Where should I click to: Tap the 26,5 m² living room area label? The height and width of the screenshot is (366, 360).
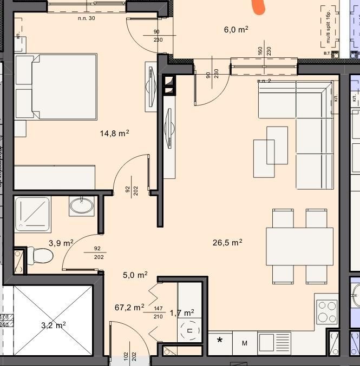tap(227, 243)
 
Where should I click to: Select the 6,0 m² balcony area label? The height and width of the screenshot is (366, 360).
tap(236, 30)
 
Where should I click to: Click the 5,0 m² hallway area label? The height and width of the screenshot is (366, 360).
tap(135, 275)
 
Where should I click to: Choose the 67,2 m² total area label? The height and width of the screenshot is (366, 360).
tap(129, 307)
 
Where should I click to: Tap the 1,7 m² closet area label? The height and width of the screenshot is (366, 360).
tap(181, 313)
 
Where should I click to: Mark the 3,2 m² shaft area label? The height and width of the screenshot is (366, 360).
tap(53, 325)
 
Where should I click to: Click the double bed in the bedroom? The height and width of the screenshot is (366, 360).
tap(57, 86)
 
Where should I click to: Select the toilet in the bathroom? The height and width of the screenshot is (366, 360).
tap(38, 256)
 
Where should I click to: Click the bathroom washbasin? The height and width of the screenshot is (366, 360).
tap(82, 205)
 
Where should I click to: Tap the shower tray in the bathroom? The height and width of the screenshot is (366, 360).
tap(32, 214)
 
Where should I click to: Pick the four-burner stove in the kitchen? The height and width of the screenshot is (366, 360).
tap(326, 311)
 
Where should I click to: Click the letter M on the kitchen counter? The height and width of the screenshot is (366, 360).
tap(244, 343)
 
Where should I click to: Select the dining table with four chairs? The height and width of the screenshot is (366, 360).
tap(299, 247)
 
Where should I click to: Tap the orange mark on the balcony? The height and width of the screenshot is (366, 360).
tap(259, 6)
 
